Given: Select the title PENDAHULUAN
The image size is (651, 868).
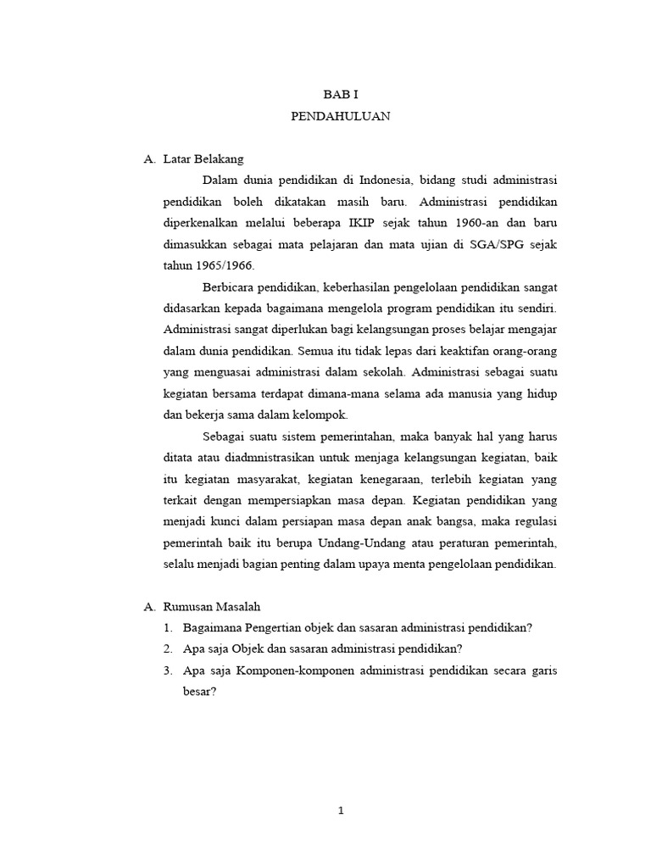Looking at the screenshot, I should coord(341,118).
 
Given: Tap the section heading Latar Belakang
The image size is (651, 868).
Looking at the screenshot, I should coord(202,159).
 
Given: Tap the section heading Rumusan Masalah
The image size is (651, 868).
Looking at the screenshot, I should coord(212,607).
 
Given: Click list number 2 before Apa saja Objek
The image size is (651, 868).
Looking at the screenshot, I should coord(168,649).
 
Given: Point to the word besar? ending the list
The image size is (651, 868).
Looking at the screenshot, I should coord(200,691).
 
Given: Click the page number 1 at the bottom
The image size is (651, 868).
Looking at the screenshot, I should coord(341,811).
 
